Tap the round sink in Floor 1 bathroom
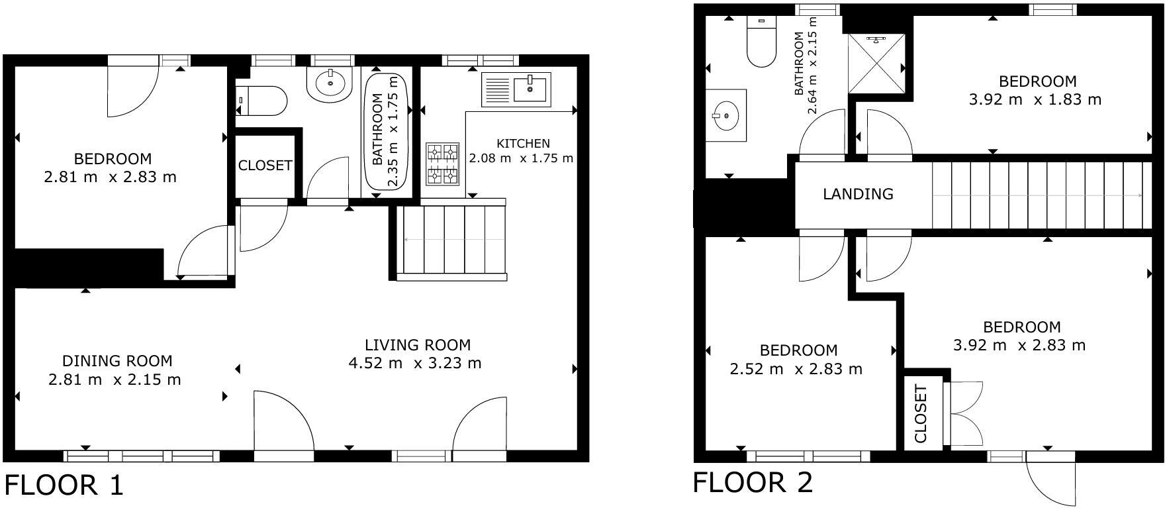tap(329, 84)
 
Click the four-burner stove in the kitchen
tap(443, 164)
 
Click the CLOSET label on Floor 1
tap(265, 166)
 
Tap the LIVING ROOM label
tap(418, 345)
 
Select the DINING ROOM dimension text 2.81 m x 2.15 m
tap(115, 380)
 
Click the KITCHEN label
tap(523, 144)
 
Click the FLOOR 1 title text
tap(64, 485)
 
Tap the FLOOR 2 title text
tap(753, 483)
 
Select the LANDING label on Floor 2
tap(858, 194)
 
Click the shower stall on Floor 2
tap(876, 64)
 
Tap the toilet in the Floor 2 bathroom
tap(761, 42)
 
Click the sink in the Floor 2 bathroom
tap(726, 116)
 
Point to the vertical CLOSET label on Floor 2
tap(921, 414)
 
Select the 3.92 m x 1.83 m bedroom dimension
tap(1035, 100)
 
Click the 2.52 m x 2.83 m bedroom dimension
tap(796, 370)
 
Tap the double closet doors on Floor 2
tap(966, 414)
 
